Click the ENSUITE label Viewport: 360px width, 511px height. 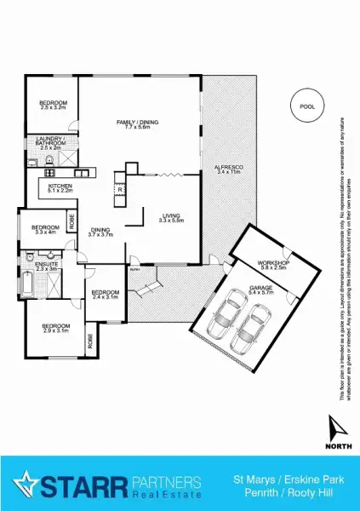point(46,267)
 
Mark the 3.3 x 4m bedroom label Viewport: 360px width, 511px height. point(44,230)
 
